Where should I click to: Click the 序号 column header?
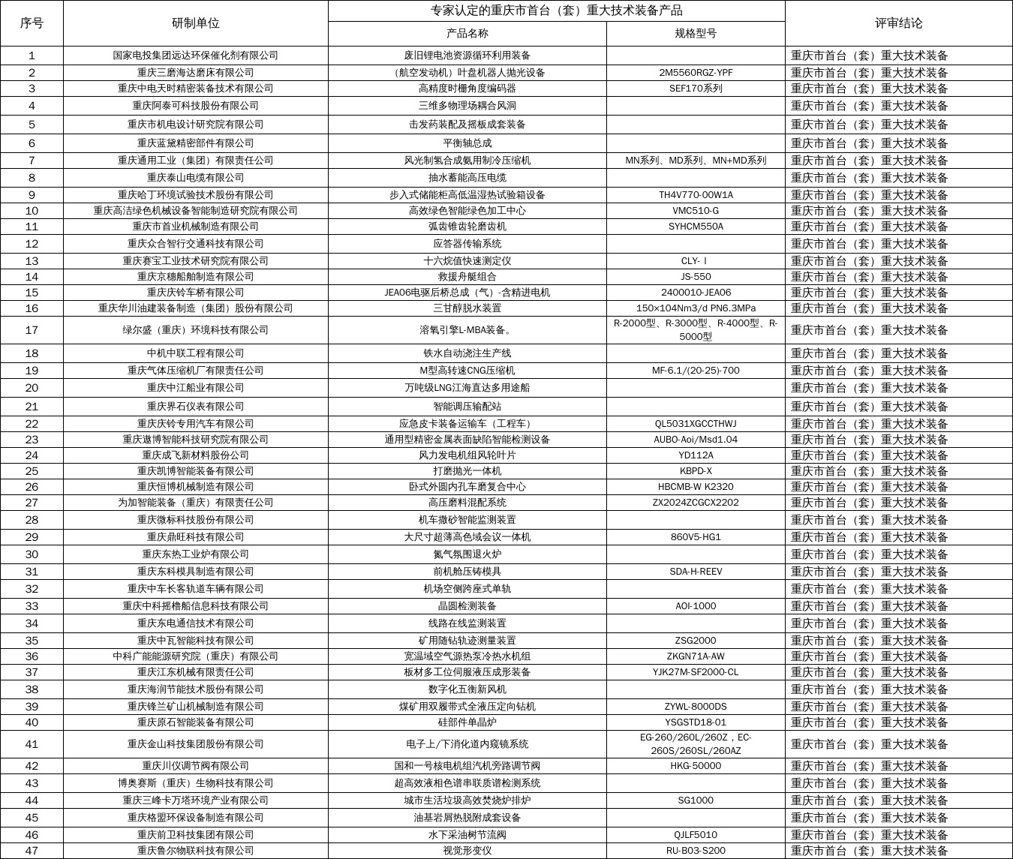[32, 23]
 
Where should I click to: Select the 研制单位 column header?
[195, 23]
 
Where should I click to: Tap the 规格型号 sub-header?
[696, 34]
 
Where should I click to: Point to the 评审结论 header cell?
[898, 23]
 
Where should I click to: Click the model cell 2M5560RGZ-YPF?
[696, 73]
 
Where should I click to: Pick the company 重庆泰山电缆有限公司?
[195, 178]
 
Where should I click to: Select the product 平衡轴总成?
[467, 143]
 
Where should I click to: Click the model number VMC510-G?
[696, 211]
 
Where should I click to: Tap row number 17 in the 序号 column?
[32, 330]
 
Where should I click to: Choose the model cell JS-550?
[696, 277]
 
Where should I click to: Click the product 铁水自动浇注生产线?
[467, 353]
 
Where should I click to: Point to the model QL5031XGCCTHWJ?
[696, 424]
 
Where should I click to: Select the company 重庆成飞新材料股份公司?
[195, 455]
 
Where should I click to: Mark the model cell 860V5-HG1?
[696, 537]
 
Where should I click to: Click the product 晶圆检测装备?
[467, 606]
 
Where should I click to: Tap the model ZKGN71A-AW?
[696, 656]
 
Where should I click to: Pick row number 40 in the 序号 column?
[32, 722]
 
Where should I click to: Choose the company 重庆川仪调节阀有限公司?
[195, 766]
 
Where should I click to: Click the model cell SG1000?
[696, 800]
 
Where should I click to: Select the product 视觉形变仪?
[467, 851]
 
